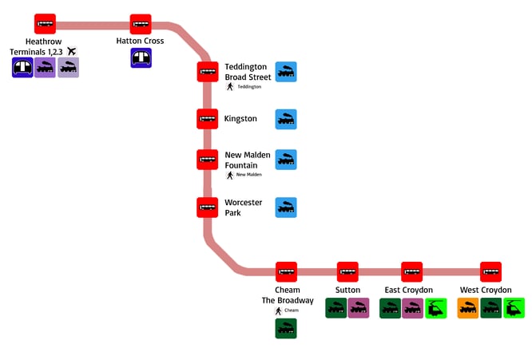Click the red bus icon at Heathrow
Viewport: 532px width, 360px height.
click(x=46, y=24)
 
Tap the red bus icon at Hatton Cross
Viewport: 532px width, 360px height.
click(x=141, y=24)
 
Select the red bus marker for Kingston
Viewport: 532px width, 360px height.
click(x=208, y=119)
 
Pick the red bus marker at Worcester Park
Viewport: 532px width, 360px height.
click(x=208, y=208)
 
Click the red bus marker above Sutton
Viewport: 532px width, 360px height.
click(x=347, y=272)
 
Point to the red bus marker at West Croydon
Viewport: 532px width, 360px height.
click(x=490, y=272)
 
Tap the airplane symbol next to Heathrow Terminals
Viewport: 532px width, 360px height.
click(x=72, y=51)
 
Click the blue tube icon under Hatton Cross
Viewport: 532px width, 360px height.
click(x=141, y=57)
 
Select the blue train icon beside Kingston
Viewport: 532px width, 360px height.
click(x=286, y=120)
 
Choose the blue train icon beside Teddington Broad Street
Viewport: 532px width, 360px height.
click(x=286, y=73)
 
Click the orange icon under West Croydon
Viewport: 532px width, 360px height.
click(x=468, y=308)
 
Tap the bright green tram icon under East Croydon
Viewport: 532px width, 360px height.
click(x=435, y=308)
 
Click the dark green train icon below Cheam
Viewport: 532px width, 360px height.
click(x=286, y=328)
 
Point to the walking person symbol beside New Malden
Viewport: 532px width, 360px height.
click(x=230, y=175)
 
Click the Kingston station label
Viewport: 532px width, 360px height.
click(x=240, y=119)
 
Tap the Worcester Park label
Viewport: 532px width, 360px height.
click(x=243, y=208)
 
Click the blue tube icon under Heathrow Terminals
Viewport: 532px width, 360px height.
click(x=22, y=68)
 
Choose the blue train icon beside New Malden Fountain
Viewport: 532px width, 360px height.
click(x=286, y=160)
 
